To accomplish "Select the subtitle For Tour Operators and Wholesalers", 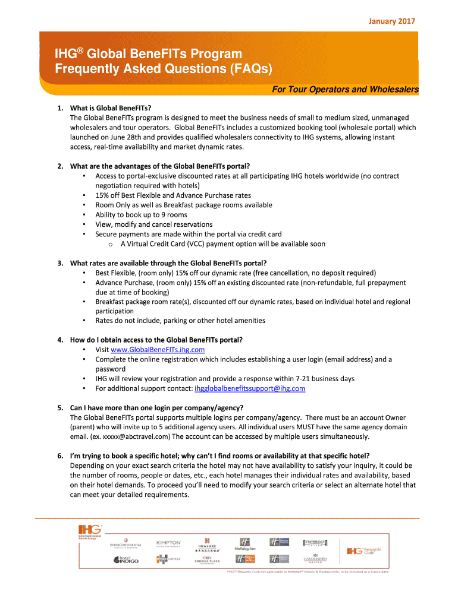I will point(345,90).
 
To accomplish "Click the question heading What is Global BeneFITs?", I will point(111,108).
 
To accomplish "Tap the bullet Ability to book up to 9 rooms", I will point(141,214).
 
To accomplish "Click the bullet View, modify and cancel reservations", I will point(153,224).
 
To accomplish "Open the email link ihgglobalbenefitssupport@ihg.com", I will point(250,388).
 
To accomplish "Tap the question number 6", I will point(60,456).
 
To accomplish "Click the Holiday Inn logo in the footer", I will point(244,544).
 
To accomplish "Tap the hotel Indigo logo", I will point(126,559).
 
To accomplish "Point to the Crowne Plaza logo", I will point(208,560).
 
